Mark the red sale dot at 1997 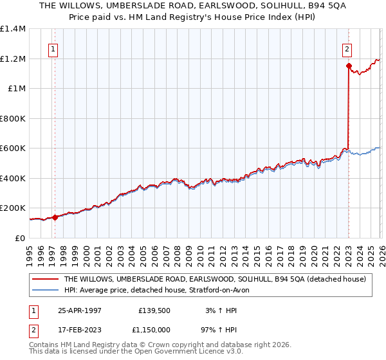55,217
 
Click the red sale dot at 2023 348,66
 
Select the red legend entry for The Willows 215,279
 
